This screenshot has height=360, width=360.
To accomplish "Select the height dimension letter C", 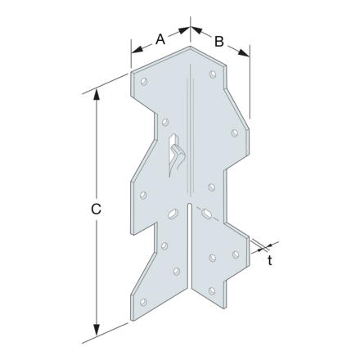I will coord(96,209).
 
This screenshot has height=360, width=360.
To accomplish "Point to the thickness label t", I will coord(271,260).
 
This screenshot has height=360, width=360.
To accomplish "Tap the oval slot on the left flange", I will coord(173,214).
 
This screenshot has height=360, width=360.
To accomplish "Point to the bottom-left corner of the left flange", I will coord(131,313).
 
